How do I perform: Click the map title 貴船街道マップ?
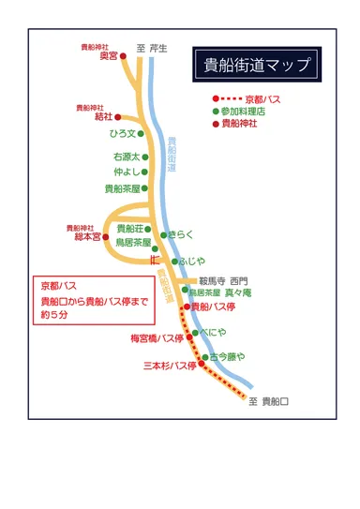tap(255, 66)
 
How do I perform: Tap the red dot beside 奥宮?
tap(123, 56)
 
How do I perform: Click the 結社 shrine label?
tap(103, 117)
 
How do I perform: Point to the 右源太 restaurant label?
tap(126, 157)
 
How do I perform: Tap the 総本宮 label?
tap(86, 237)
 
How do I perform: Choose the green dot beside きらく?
tap(163, 234)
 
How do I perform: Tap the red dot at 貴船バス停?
tap(187, 306)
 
